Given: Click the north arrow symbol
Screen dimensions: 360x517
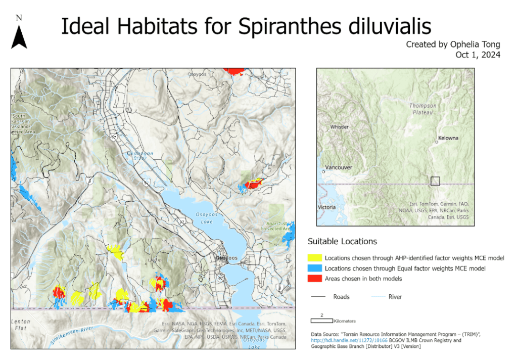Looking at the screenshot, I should coord(19,36).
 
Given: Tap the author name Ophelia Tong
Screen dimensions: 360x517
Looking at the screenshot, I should coord(474,44).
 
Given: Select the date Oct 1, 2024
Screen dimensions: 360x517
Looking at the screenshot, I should coord(478,55).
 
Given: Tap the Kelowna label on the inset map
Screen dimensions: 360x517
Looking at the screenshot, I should coord(448,138).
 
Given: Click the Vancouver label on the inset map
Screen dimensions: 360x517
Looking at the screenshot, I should coord(338,167).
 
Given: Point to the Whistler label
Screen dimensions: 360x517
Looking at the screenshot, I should coord(339,127).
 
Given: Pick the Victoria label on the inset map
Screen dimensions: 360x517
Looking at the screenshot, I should coord(326,207).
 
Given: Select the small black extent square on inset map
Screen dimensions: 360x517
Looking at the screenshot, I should coord(435,181).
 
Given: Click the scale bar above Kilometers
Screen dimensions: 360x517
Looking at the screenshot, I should coord(321,321).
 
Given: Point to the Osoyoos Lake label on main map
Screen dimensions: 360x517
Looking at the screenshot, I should coord(204,217).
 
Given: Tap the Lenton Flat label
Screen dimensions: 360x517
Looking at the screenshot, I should coord(20,325).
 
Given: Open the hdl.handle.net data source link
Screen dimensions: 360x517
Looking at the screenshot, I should coord(348,340).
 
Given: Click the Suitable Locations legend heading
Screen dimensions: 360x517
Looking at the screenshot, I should coord(342,241).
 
